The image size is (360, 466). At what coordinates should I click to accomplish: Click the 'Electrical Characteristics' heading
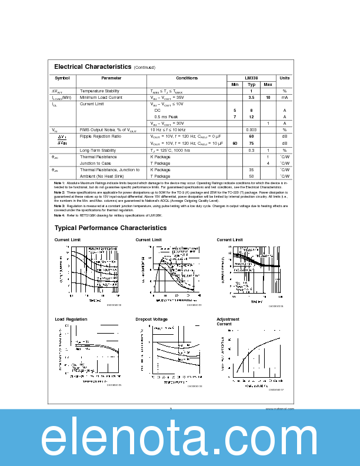coord(92,67)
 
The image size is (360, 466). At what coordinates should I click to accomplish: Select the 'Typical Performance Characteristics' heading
coord(110,228)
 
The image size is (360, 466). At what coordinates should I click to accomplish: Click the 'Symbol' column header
coord(62,78)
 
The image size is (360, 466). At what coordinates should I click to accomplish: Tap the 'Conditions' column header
coord(187,78)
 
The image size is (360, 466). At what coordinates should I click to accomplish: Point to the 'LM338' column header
coord(251,78)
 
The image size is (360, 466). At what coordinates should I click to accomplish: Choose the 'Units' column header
coord(284,78)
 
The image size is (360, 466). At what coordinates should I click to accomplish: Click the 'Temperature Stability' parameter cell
coord(99,91)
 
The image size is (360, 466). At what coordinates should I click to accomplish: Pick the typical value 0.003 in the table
coord(251,129)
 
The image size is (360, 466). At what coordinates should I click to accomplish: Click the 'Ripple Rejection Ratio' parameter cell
coord(101,136)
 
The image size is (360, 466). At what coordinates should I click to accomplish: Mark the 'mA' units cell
coord(284,97)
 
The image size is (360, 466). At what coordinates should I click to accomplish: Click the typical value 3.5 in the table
coord(251,97)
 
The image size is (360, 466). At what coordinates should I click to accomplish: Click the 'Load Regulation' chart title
coord(71,319)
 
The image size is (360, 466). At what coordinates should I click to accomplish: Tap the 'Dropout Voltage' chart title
coord(151,319)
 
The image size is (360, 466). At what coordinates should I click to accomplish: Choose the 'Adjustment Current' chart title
coord(228,321)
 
